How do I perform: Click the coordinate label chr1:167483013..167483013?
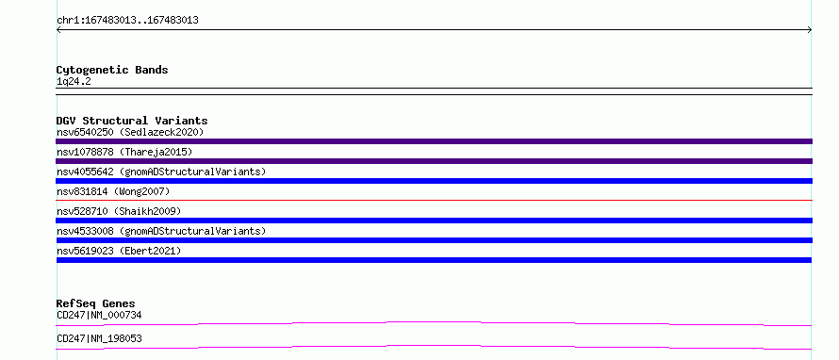click(128, 21)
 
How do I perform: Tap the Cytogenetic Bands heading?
click(112, 70)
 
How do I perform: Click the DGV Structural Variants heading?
click(132, 121)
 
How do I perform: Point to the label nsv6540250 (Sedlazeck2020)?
click(130, 132)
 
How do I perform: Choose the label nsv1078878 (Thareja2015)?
click(124, 152)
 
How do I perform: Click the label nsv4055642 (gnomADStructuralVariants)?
click(161, 172)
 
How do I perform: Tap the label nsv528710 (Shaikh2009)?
click(119, 211)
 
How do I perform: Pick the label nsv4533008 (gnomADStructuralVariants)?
click(161, 231)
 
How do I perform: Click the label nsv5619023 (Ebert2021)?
click(119, 251)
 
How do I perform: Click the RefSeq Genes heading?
click(96, 303)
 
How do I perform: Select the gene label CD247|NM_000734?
click(99, 315)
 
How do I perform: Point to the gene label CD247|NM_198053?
click(99, 339)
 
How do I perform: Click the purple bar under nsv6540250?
click(434, 141)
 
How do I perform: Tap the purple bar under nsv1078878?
click(434, 161)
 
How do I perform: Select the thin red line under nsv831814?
click(434, 201)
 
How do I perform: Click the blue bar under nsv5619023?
click(434, 260)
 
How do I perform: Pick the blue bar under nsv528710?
click(434, 221)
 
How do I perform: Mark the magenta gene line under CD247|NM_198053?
click(434, 346)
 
